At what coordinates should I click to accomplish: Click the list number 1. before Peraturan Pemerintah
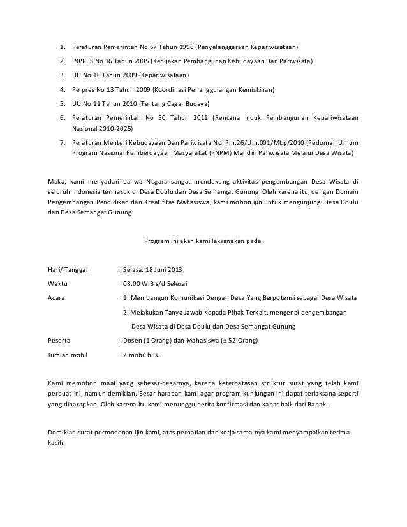63,48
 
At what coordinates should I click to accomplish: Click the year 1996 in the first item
182,48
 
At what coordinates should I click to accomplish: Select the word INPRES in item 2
85,62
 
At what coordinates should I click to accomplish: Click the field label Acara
57,297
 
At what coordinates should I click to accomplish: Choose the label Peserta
59,341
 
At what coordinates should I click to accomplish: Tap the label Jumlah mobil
69,355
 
